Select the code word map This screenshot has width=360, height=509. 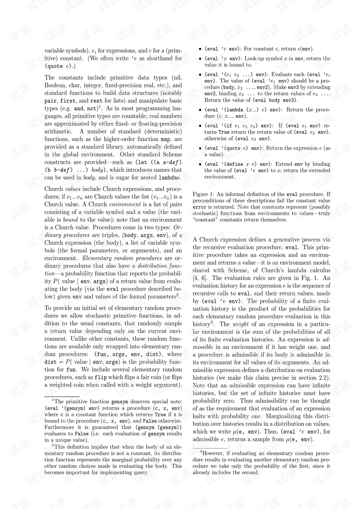click(x=165, y=139)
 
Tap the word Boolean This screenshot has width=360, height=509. click(x=55, y=85)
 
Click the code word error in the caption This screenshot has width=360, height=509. click(x=199, y=207)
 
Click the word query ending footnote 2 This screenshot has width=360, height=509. click(x=139, y=472)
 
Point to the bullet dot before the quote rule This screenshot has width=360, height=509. click(x=201, y=148)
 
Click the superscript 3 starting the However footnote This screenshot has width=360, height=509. click(x=201, y=452)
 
